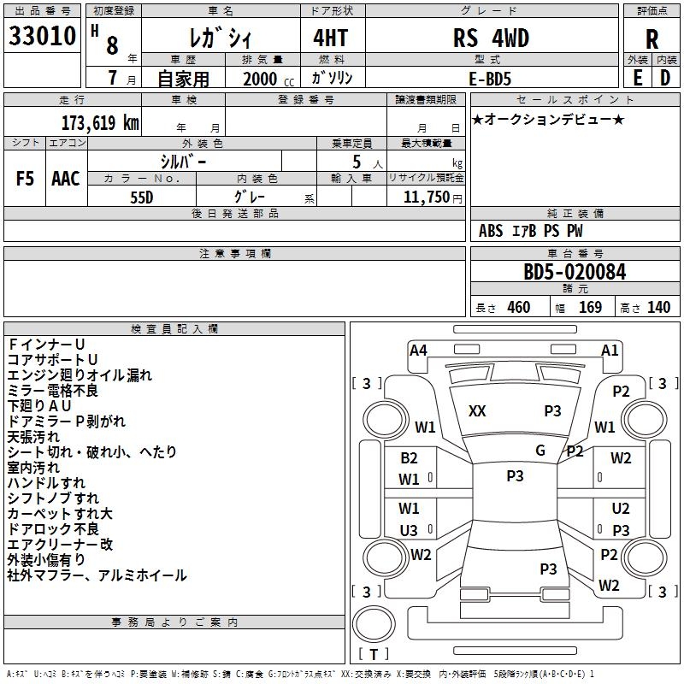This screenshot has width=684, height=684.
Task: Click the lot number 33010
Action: click(43, 38)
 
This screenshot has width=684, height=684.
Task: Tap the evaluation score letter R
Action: click(652, 39)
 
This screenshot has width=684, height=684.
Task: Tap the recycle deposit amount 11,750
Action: click(425, 196)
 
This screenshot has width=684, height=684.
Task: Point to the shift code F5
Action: click(26, 179)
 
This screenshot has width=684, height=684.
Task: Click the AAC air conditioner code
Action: click(66, 179)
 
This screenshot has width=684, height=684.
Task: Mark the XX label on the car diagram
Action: click(477, 411)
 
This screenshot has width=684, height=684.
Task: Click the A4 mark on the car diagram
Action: click(418, 350)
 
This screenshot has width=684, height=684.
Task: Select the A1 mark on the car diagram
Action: click(610, 350)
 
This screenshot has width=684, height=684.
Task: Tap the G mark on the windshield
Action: click(540, 451)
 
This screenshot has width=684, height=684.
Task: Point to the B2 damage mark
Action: click(409, 458)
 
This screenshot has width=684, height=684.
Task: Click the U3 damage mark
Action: click(409, 531)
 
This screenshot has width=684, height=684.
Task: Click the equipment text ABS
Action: click(491, 231)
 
